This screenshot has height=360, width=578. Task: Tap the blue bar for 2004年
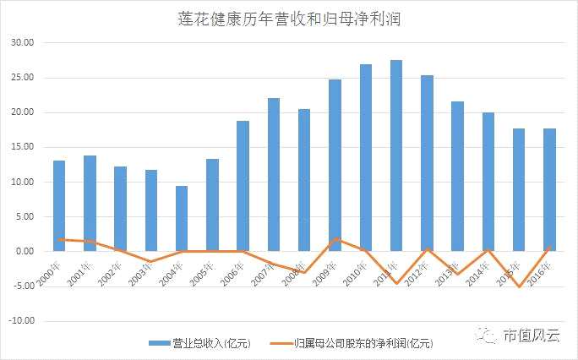tap(182, 218)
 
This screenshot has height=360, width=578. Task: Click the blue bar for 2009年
tap(335, 165)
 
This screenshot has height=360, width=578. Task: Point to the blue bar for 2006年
tap(243, 186)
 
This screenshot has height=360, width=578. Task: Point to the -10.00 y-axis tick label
tap(19, 321)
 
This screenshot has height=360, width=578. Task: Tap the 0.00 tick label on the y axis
tap(24, 252)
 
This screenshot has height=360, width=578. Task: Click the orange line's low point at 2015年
tap(519, 286)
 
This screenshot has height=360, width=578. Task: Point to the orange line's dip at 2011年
tap(396, 283)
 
